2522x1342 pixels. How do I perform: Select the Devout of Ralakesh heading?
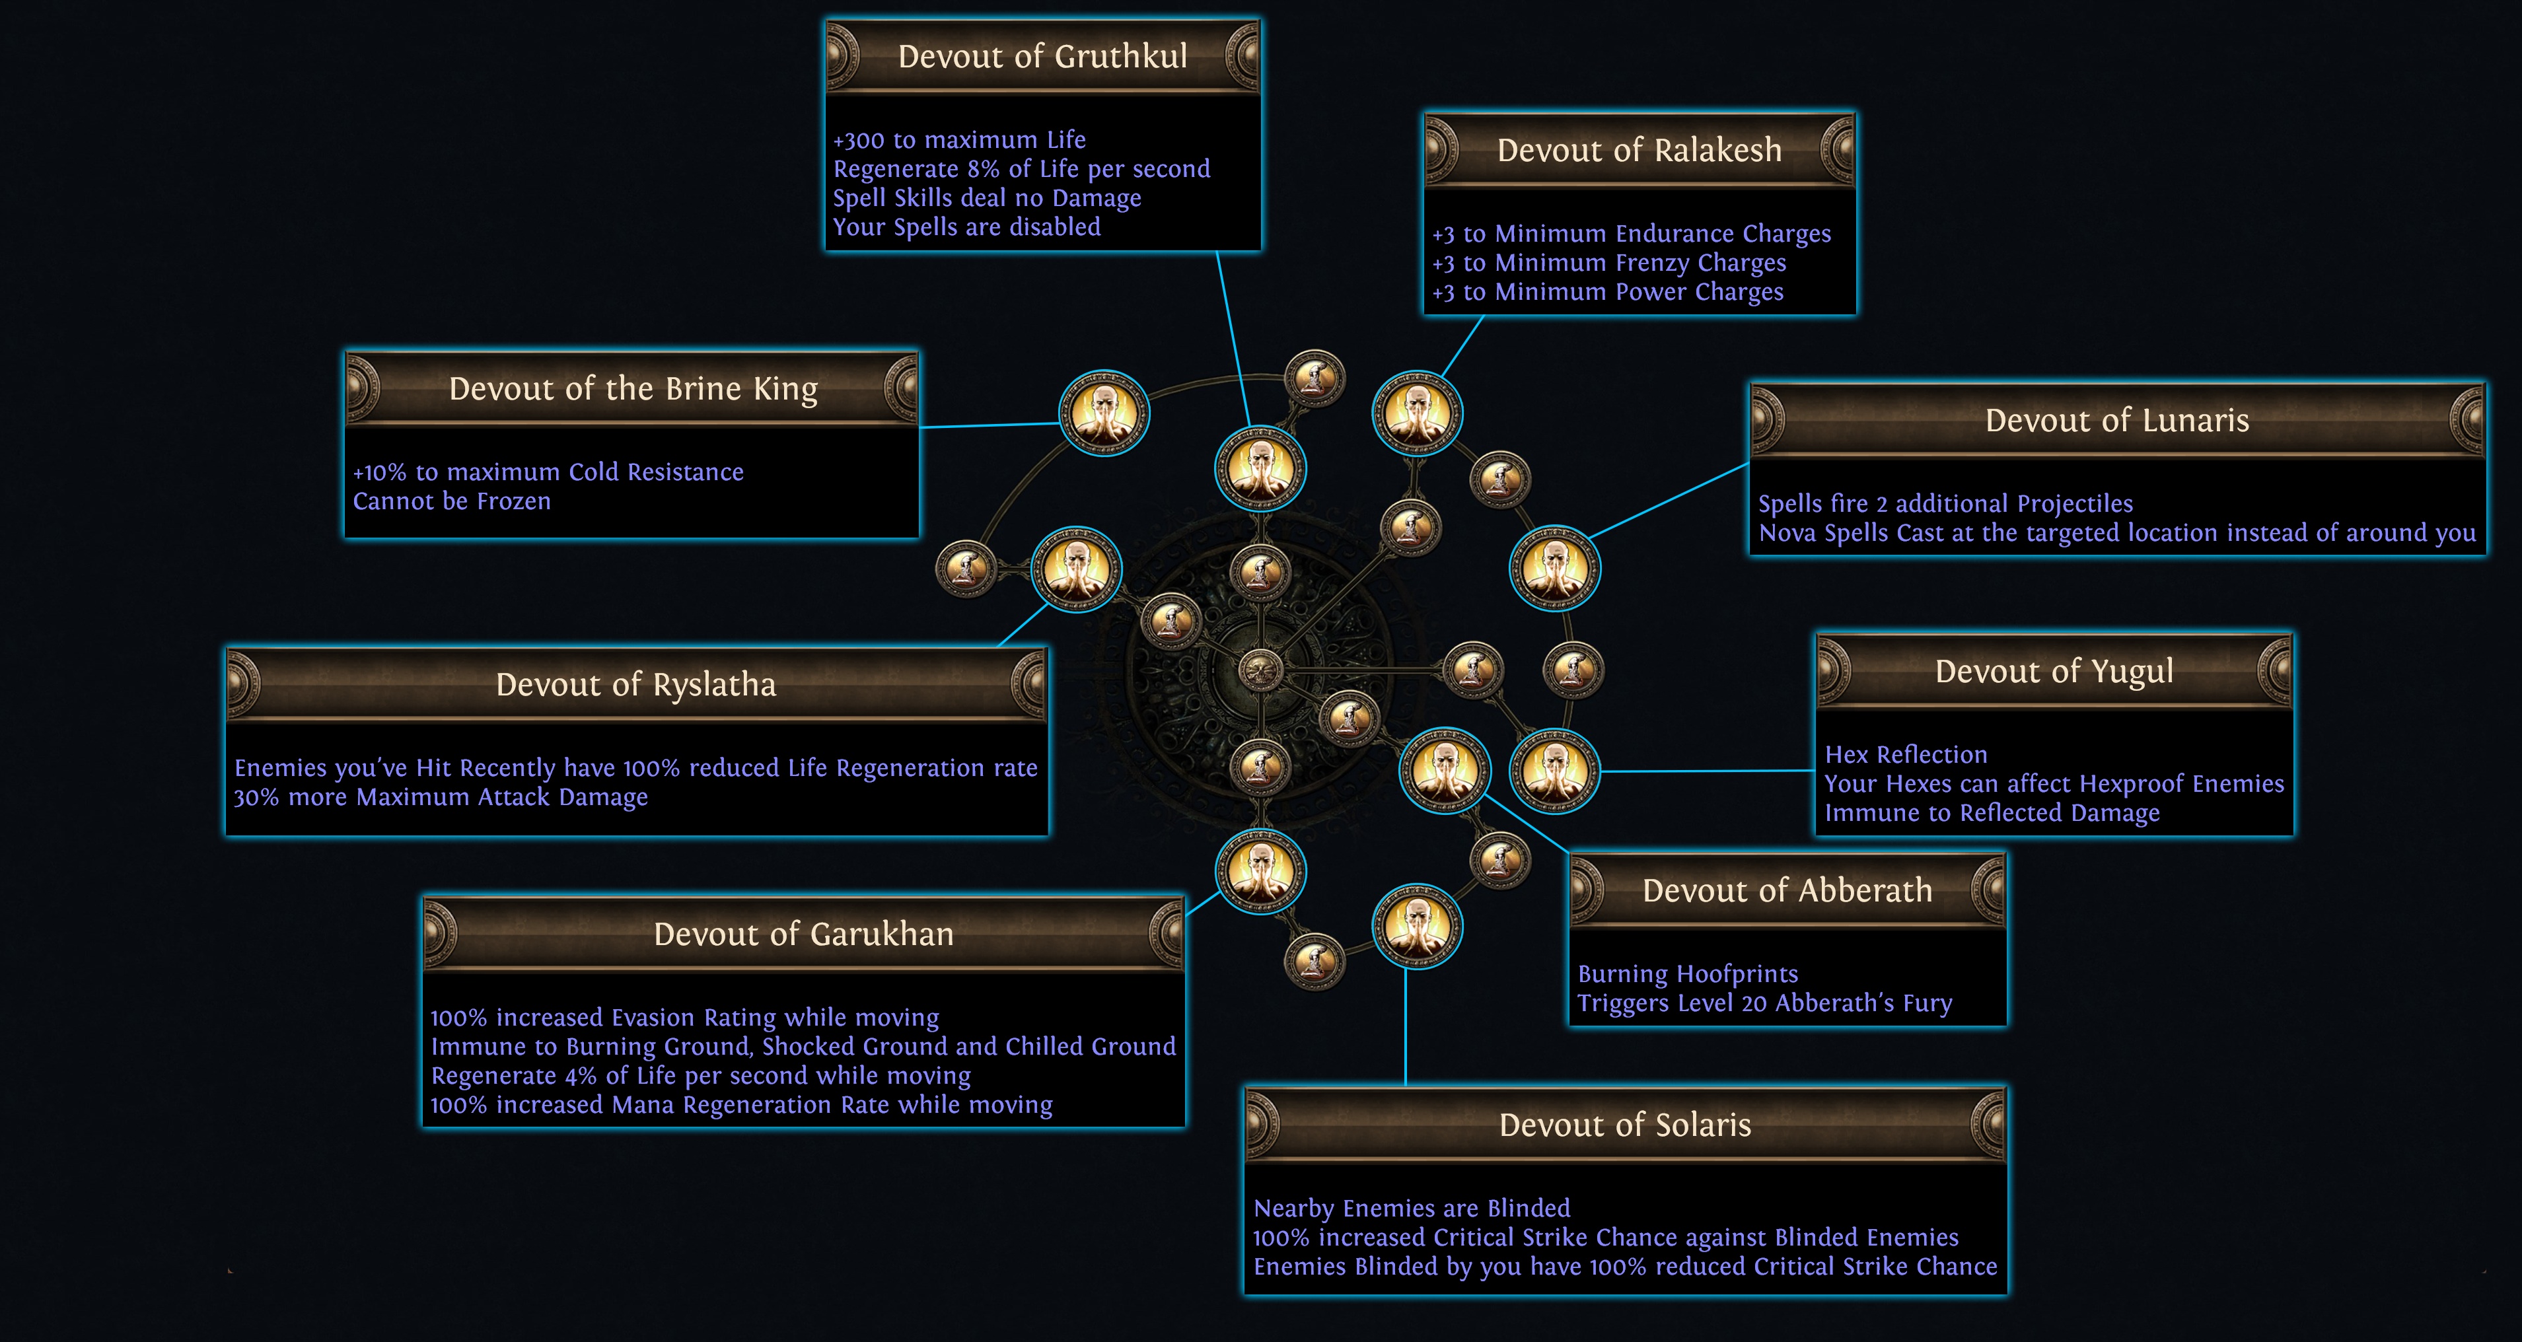[x=1639, y=151]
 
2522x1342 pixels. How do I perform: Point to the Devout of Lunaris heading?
[x=2116, y=421]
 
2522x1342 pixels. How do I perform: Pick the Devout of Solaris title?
[x=1625, y=1125]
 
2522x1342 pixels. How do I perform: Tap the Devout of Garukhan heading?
[x=803, y=935]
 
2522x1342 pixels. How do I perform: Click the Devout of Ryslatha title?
[x=635, y=685]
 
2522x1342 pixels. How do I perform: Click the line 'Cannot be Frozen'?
[x=451, y=501]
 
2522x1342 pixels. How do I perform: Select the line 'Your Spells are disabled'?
[x=966, y=227]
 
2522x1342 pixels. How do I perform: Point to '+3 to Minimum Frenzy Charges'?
[x=1608, y=264]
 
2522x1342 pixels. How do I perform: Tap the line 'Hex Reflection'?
[x=1905, y=755]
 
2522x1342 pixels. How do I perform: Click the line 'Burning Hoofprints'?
[x=1688, y=974]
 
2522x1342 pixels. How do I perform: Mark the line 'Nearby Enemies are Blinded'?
[x=1411, y=1209]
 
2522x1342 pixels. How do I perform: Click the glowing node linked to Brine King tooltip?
[x=1103, y=413]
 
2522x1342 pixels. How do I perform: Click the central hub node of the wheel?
[x=1261, y=670]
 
